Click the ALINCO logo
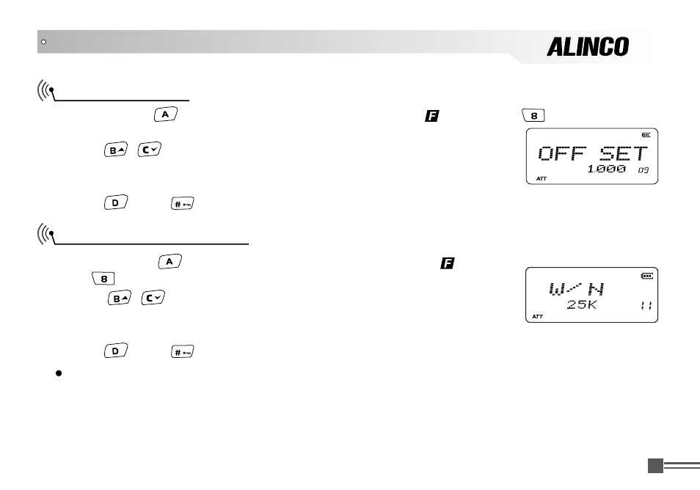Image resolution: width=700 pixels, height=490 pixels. coord(588,47)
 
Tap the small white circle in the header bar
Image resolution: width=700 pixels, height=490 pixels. coord(43,42)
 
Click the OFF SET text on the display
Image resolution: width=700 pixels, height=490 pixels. coord(593,153)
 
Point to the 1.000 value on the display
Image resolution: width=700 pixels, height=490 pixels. coord(606,169)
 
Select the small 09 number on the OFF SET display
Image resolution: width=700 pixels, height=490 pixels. coord(644,170)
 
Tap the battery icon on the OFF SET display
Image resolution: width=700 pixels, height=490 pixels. coord(646,134)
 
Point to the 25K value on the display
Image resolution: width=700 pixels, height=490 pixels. coord(582,304)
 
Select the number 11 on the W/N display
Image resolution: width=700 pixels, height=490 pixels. coord(646,305)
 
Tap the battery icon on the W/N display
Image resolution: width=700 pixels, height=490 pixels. coord(646,276)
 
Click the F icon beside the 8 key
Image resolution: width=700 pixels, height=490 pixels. coord(431,116)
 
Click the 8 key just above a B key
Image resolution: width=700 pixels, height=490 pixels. coord(104,278)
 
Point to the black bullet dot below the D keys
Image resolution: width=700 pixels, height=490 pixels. coord(56,373)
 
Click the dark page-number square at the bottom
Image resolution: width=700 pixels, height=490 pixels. coord(655,465)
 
